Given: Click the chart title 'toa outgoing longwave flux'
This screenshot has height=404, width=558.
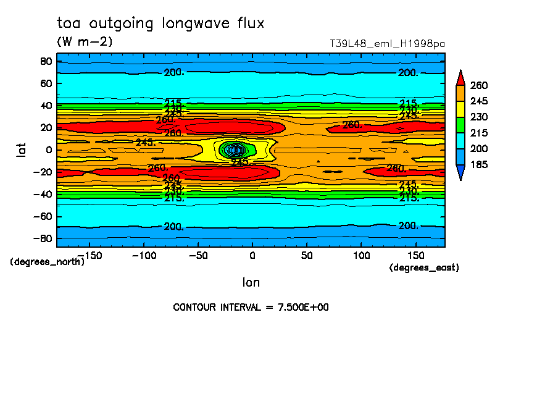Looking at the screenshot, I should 160,24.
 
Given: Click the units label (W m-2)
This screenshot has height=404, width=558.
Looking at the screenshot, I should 85,42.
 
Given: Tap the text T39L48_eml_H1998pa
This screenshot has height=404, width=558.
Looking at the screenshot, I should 388,44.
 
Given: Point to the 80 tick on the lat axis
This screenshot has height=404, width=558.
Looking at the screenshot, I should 45,61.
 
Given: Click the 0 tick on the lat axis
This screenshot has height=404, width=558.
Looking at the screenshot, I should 48,149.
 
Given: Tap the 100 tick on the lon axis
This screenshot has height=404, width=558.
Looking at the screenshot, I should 361,255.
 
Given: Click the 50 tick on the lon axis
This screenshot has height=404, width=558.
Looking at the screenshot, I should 307,255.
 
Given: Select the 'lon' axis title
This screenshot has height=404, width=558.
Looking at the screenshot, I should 251,282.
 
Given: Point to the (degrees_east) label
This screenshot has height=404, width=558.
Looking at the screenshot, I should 424,267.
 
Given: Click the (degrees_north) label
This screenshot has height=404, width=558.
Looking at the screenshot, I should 48,261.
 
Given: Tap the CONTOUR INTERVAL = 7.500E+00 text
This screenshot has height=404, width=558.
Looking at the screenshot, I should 251,307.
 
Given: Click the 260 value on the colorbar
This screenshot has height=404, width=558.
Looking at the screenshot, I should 479,85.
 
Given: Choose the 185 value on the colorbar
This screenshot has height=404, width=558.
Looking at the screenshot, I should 479,164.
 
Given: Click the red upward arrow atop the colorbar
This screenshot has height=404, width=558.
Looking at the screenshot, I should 460,77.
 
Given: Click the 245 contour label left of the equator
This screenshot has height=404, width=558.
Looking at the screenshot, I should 145,143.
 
